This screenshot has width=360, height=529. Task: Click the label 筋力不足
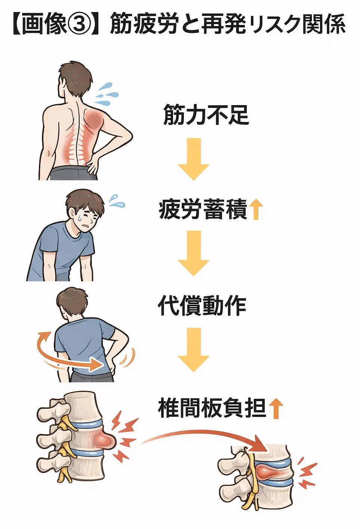(x=206, y=115)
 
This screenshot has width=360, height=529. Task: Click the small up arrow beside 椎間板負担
(x=276, y=408)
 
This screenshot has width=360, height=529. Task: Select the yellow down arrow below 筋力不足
(x=194, y=159)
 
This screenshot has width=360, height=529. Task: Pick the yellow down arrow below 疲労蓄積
(x=194, y=253)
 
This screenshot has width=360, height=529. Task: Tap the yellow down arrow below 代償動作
(x=194, y=350)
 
